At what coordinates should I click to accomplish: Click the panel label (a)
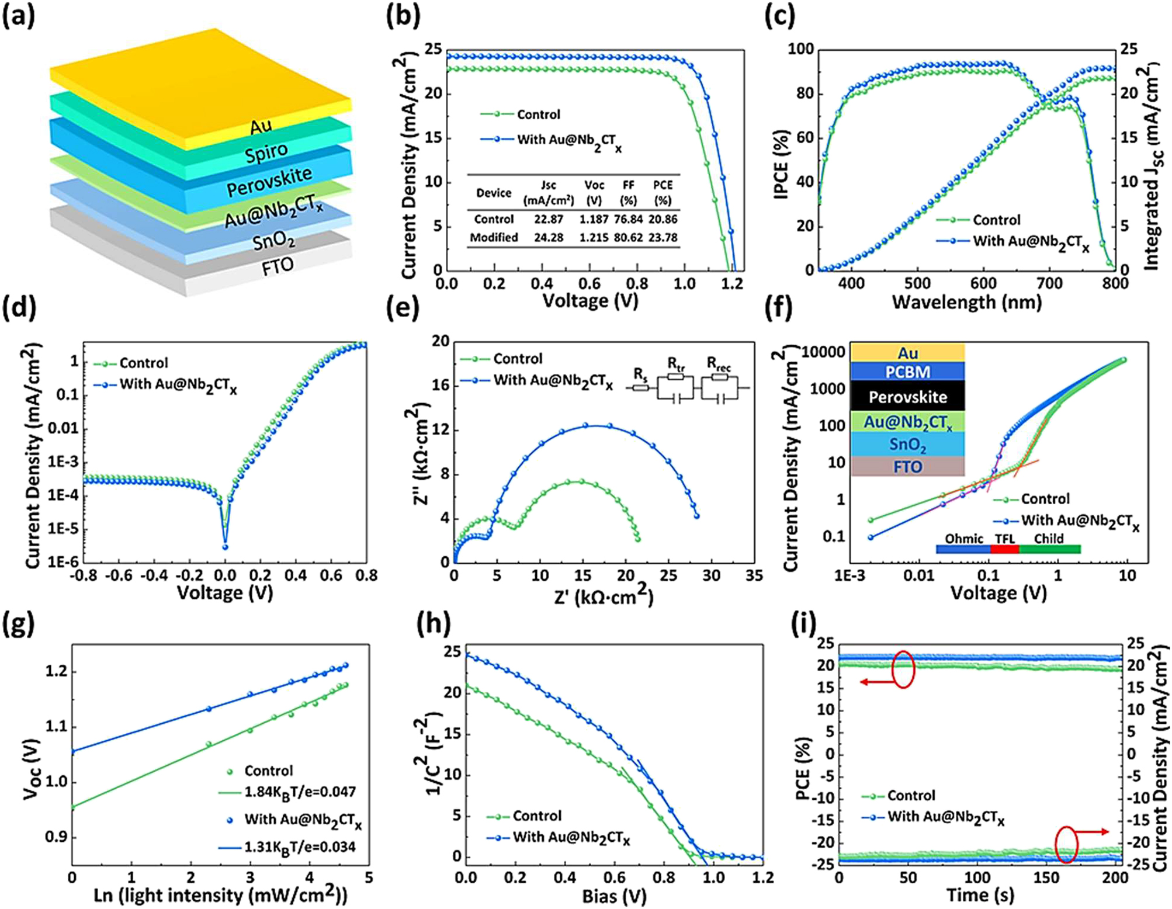(x=19, y=16)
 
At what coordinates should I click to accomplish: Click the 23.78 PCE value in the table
(x=663, y=238)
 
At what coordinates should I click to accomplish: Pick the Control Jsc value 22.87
(x=548, y=219)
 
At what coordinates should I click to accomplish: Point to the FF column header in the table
(x=628, y=185)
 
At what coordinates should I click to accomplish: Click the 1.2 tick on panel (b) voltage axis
(x=732, y=284)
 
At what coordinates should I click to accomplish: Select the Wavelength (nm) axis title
(x=966, y=302)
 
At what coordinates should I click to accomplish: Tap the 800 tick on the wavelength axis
(x=1115, y=284)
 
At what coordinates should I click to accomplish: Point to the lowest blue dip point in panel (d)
(x=225, y=547)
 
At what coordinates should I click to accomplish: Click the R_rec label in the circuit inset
(x=719, y=363)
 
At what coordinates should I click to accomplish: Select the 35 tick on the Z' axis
(x=754, y=576)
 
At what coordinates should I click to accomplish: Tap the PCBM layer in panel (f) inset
(x=907, y=372)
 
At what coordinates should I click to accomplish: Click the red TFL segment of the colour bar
(x=1004, y=549)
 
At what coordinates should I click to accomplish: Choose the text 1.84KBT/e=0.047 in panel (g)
(x=300, y=792)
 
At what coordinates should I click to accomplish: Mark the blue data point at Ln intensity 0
(x=72, y=752)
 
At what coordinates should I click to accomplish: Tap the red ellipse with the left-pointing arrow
(x=903, y=669)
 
